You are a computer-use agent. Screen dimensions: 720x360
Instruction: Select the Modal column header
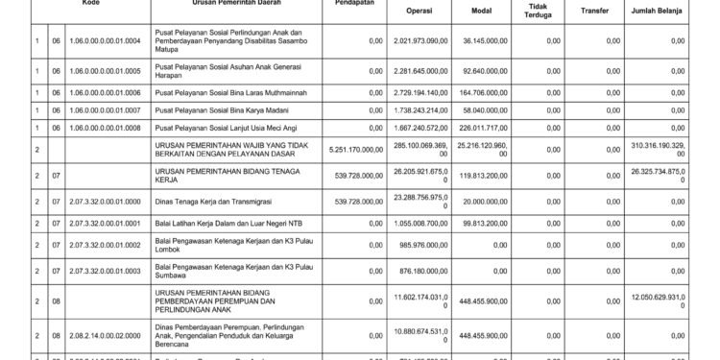tap(483, 12)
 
